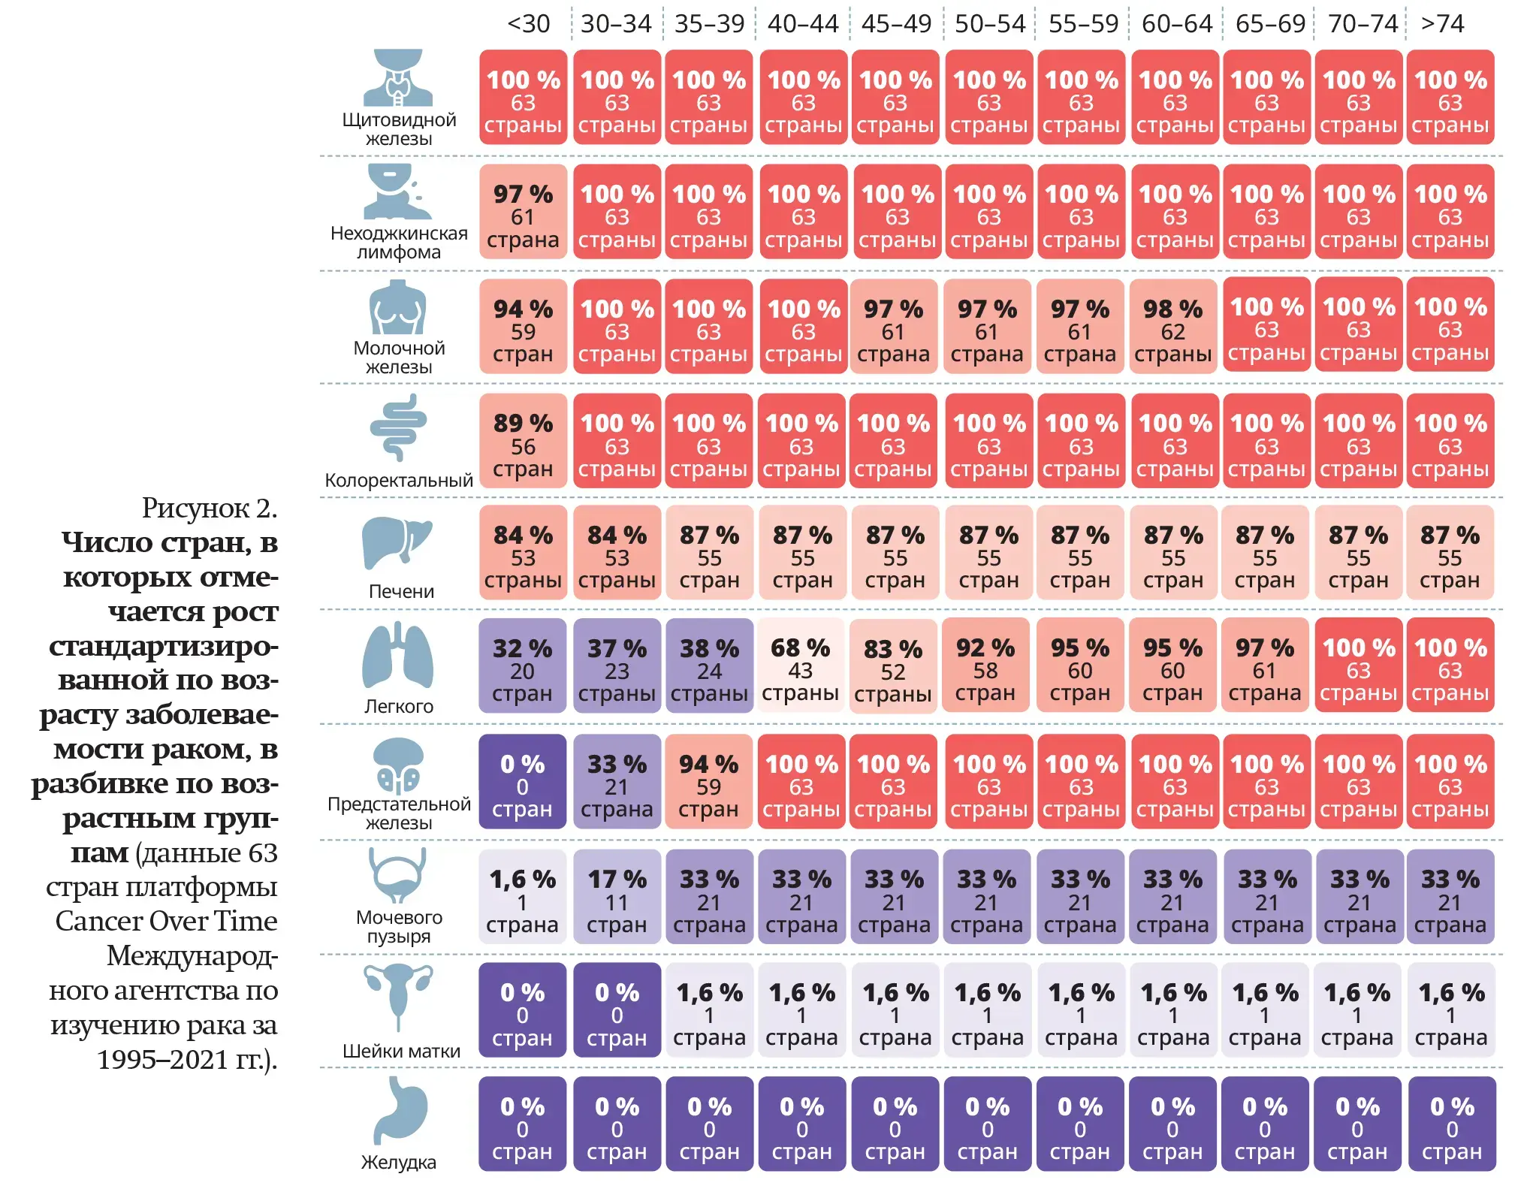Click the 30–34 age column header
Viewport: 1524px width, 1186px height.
(616, 24)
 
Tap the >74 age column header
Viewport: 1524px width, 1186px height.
(1442, 24)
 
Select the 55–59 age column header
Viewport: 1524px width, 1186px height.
(1083, 24)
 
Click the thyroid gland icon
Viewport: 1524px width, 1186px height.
(398, 77)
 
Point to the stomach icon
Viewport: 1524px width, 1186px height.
(400, 1111)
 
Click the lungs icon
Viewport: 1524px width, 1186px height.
(398, 655)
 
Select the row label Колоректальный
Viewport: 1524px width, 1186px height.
(399, 480)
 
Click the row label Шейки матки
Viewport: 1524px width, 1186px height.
(401, 1051)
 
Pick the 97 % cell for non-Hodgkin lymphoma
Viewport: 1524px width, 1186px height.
(523, 212)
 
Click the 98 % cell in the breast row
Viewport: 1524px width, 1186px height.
(1172, 326)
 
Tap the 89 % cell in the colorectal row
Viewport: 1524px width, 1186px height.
(523, 441)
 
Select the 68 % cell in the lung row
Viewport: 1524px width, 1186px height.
(801, 665)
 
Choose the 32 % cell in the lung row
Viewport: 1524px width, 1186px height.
(522, 665)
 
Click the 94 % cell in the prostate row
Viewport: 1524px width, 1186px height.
(708, 782)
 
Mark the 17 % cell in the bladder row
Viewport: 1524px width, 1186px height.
(617, 897)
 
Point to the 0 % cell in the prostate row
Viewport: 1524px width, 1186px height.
(522, 782)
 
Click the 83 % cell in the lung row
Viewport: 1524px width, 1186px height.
(893, 665)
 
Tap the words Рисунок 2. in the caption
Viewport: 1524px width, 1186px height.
(210, 509)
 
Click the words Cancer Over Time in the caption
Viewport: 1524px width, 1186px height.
(166, 921)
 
